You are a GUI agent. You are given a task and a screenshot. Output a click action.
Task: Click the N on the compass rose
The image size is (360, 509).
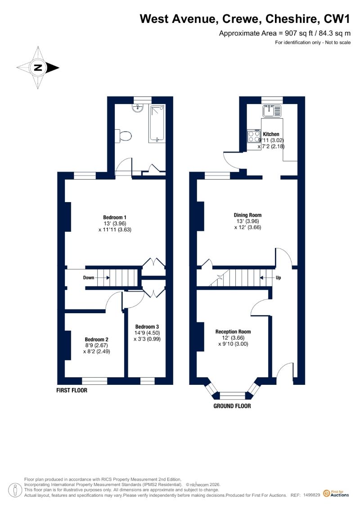(38, 68)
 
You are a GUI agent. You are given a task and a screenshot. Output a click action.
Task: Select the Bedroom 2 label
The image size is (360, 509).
(96, 339)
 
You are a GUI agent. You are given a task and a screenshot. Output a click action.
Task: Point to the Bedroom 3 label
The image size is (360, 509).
(147, 327)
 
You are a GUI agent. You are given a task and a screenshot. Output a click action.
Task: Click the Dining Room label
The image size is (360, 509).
(247, 215)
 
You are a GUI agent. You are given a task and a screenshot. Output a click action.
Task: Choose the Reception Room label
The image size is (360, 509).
(233, 332)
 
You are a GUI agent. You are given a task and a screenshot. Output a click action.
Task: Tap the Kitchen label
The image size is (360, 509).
(271, 134)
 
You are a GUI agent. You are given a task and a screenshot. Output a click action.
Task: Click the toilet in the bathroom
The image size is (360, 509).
(125, 136)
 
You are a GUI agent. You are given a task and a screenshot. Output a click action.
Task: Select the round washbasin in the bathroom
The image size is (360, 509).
(139, 108)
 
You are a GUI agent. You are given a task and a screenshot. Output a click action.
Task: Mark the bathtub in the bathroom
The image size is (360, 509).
(157, 124)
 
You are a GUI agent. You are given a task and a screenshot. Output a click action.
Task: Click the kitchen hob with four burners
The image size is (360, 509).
(254, 136)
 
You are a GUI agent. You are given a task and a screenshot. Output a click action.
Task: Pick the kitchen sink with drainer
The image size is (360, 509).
(272, 111)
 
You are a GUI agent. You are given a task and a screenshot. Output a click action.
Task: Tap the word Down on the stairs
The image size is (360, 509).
(89, 278)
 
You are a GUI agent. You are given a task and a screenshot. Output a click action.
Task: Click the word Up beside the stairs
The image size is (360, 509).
(278, 278)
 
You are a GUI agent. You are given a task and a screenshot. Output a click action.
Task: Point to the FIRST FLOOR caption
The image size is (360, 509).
(72, 390)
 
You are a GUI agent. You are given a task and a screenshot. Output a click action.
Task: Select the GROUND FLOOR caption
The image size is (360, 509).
(232, 406)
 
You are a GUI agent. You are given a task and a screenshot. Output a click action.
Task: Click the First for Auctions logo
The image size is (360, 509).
(336, 493)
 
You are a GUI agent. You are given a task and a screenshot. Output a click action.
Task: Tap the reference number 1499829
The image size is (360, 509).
(312, 495)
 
